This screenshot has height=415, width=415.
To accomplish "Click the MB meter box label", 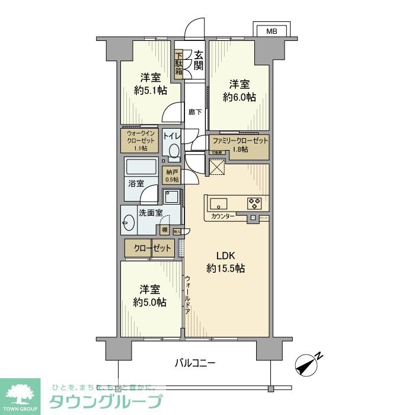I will pyautogui.click(x=271, y=31).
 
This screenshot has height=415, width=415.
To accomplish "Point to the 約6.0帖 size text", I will pyautogui.click(x=240, y=97).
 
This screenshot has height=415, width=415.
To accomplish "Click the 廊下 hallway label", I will pyautogui.click(x=195, y=111).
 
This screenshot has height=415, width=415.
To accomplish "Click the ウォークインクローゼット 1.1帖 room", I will pyautogui.click(x=140, y=142).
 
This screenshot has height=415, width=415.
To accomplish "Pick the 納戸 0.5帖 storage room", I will pyautogui.click(x=172, y=176).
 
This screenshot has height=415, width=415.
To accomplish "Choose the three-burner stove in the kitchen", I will pyautogui.click(x=255, y=203).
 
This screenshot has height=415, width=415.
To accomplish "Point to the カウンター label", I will pyautogui.click(x=223, y=217).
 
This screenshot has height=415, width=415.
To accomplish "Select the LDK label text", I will pyautogui.click(x=226, y=256).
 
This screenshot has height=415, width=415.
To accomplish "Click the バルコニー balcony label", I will pyautogui.click(x=195, y=362).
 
